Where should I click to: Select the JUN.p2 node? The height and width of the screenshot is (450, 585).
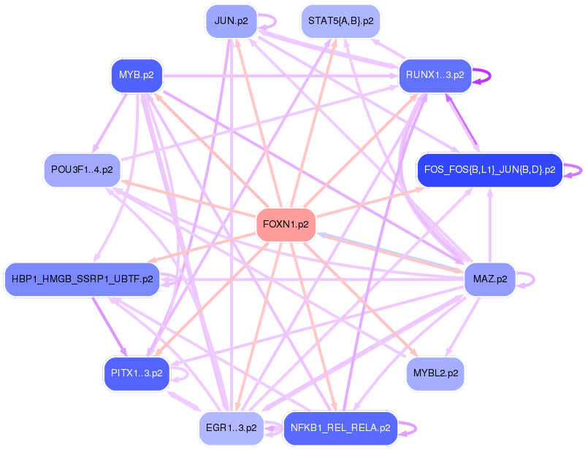click(231, 21)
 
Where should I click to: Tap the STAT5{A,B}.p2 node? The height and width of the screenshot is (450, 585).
click(341, 21)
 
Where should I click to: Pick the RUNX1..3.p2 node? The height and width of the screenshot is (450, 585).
click(435, 75)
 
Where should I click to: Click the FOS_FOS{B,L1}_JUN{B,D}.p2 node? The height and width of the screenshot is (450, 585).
click(489, 170)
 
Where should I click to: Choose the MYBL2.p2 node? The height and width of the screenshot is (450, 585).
click(435, 373)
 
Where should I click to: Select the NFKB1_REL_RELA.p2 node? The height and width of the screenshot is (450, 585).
click(340, 428)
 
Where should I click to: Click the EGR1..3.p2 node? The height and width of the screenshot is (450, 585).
click(231, 428)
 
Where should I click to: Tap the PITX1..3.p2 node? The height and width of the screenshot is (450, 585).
click(137, 373)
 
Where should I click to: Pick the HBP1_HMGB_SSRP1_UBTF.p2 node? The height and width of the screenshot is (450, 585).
click(82, 279)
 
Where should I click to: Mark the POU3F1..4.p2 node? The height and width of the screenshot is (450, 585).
click(82, 170)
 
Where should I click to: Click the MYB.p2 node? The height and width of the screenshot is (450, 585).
click(137, 75)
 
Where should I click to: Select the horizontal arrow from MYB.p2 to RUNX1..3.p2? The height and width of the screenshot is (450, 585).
click(278, 75)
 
